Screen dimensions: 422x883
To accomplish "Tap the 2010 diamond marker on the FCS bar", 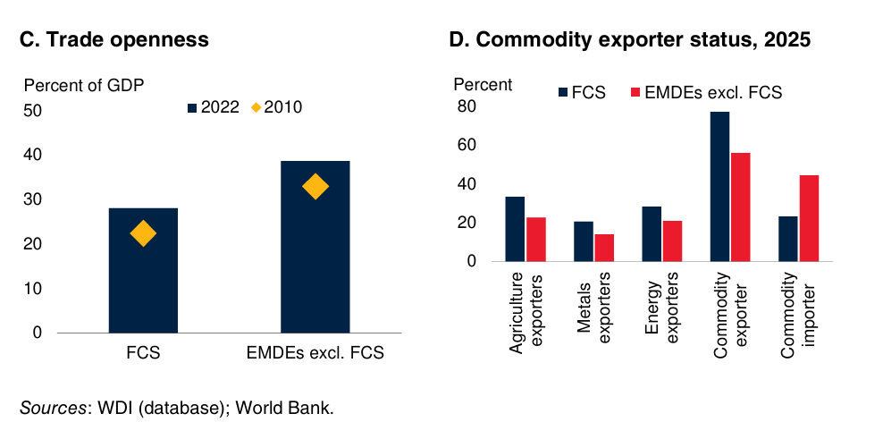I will coord(143,234).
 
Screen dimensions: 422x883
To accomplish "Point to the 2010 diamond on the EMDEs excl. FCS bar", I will coord(315,187).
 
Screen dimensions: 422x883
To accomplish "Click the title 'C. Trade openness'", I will coord(114,39).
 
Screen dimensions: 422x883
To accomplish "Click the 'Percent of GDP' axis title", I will coord(83,86).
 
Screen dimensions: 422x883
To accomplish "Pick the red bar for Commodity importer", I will coord(810,218).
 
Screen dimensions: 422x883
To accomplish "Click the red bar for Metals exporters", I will coord(605,248).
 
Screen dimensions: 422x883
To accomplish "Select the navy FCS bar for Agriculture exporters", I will coord(516,229).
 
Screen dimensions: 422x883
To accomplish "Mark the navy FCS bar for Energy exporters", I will coord(652,233).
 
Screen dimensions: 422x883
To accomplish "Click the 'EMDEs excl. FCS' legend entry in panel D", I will coord(706,92).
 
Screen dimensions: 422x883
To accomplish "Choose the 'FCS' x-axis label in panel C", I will coord(143,352).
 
